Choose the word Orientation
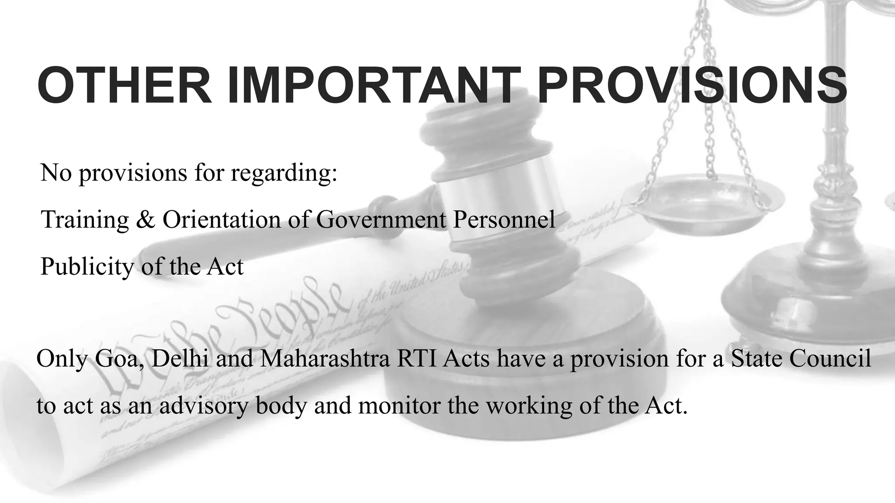tap(222, 219)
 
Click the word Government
tap(381, 219)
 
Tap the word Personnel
tap(503, 219)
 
